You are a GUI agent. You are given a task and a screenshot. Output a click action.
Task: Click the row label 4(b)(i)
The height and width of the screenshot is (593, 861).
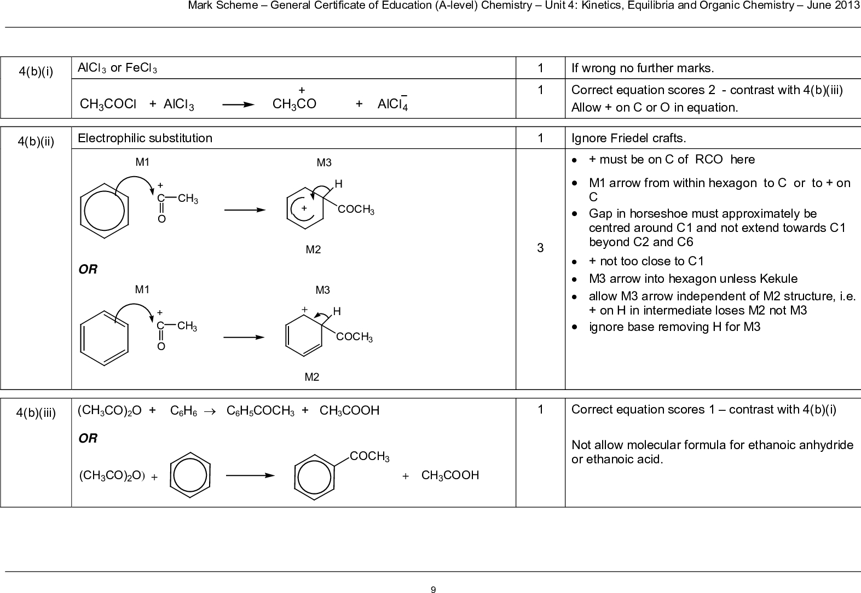(x=36, y=72)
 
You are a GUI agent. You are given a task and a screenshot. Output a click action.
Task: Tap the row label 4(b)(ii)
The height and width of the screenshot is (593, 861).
(x=36, y=142)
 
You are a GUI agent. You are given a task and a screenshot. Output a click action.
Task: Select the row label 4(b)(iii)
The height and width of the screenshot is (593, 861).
(x=36, y=413)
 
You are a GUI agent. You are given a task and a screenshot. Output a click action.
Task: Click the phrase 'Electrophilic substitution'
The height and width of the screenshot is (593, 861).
(x=145, y=138)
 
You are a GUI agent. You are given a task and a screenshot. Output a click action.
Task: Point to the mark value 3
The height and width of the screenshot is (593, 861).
(x=540, y=248)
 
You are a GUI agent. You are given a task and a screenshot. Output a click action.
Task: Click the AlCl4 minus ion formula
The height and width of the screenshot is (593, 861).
(x=392, y=102)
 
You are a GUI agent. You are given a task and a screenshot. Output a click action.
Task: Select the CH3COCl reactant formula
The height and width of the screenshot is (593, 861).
(x=108, y=104)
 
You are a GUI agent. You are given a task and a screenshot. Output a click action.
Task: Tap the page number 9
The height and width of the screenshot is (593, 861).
(x=433, y=590)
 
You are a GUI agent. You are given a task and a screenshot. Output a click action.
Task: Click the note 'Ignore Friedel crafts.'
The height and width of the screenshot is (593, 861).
(x=628, y=138)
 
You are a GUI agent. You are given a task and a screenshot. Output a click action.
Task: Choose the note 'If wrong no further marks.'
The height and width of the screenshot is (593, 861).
(x=642, y=68)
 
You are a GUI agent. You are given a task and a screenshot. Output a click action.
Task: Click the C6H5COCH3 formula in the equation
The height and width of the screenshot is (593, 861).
(x=260, y=411)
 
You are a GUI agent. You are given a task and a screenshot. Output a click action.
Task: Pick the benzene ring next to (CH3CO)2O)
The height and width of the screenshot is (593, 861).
(x=190, y=475)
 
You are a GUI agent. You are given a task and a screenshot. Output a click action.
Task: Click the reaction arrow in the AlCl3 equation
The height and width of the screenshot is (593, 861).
(x=238, y=104)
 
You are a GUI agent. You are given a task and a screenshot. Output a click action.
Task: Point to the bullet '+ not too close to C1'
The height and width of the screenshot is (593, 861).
(x=646, y=261)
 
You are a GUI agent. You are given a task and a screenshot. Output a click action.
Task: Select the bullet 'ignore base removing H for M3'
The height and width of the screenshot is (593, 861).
(x=674, y=327)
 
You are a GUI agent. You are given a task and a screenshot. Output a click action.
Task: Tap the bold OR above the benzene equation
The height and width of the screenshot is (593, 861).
(x=88, y=438)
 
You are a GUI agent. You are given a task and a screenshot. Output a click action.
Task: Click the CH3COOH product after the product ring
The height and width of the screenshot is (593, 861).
(x=450, y=475)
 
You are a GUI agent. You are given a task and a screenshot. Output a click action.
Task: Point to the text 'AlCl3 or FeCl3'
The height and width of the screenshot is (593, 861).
(x=117, y=68)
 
